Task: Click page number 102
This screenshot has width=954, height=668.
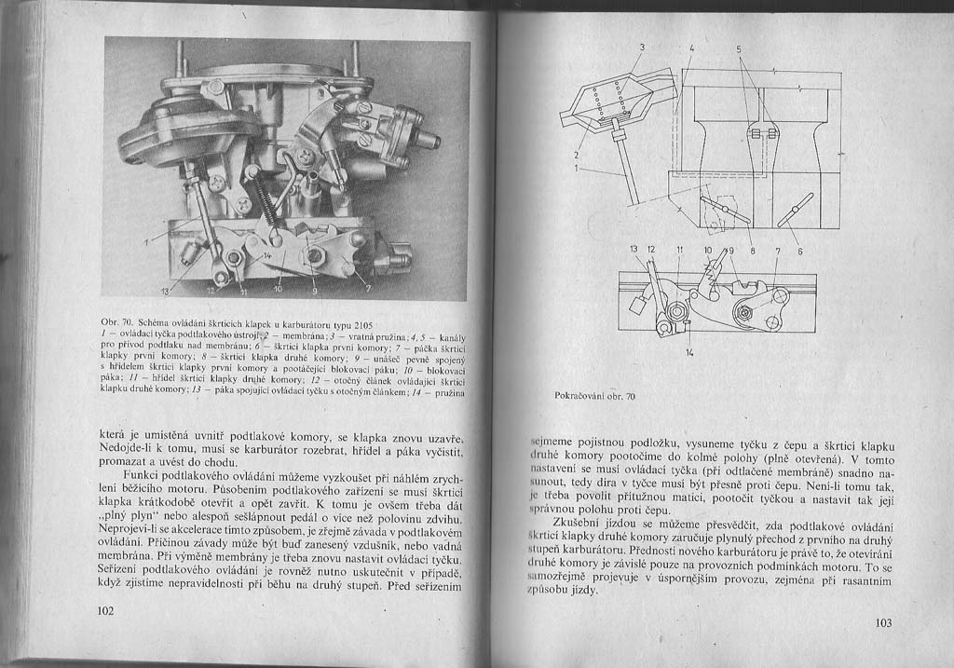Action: pyautogui.click(x=104, y=611)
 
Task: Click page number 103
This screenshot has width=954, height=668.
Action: pyautogui.click(x=883, y=623)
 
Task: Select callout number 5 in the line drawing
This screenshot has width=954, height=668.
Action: pyautogui.click(x=739, y=48)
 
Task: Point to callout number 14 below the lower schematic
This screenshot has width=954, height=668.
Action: pyautogui.click(x=689, y=353)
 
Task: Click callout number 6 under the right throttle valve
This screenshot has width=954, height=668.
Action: pyautogui.click(x=799, y=251)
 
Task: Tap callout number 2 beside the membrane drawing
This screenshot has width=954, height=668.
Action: pyautogui.click(x=577, y=155)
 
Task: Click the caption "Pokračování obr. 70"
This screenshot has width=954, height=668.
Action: pyautogui.click(x=593, y=396)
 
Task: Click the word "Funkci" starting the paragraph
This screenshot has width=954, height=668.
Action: pyautogui.click(x=139, y=476)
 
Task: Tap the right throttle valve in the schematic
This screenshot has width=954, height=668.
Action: pyautogui.click(x=796, y=209)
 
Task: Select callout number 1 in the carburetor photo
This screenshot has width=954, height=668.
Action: pyautogui.click(x=147, y=244)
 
